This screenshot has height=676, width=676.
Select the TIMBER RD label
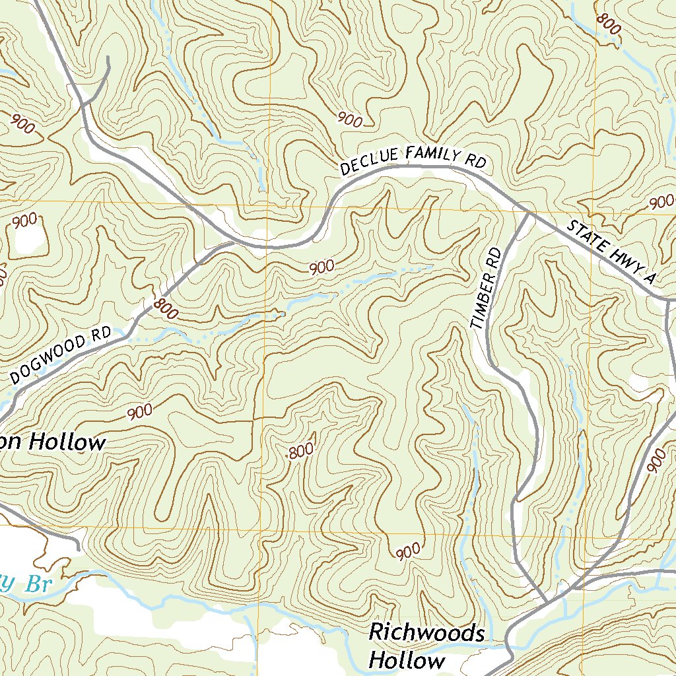[x=487, y=288]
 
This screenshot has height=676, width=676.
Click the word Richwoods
[x=426, y=633]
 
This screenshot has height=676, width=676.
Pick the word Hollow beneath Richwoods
[x=407, y=660]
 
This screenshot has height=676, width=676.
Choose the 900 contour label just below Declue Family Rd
[x=321, y=267]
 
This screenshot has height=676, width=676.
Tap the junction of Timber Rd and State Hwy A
[x=529, y=213]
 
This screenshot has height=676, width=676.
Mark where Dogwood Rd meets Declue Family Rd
[x=232, y=242]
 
